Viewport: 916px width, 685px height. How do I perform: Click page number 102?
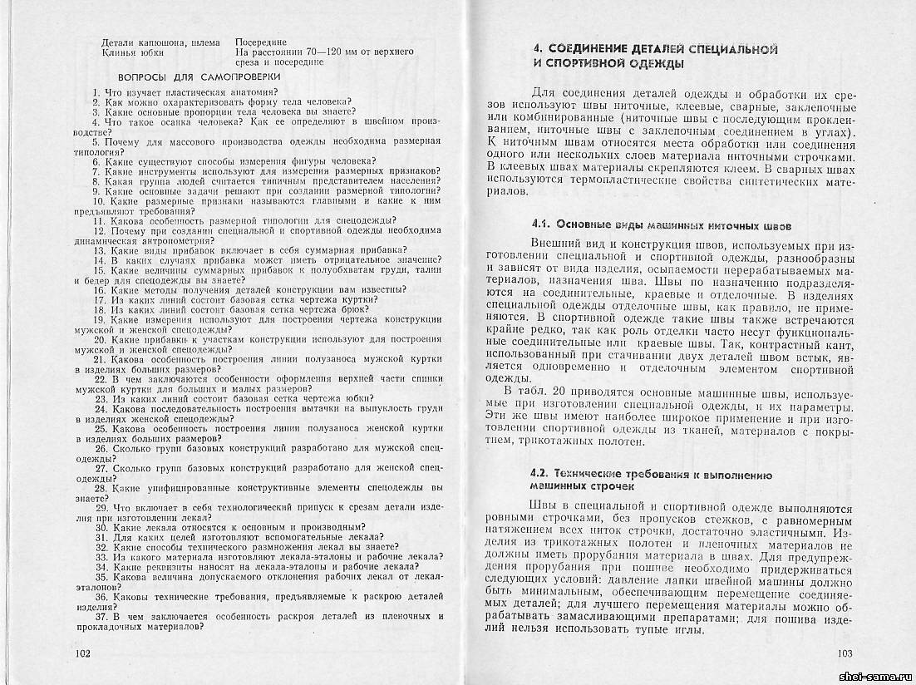click(82, 653)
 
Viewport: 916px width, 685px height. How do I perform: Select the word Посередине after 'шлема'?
click(261, 42)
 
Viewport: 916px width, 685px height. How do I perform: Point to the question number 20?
click(99, 339)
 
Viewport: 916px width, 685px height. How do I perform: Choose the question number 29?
click(99, 507)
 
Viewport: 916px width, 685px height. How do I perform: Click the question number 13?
click(99, 250)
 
